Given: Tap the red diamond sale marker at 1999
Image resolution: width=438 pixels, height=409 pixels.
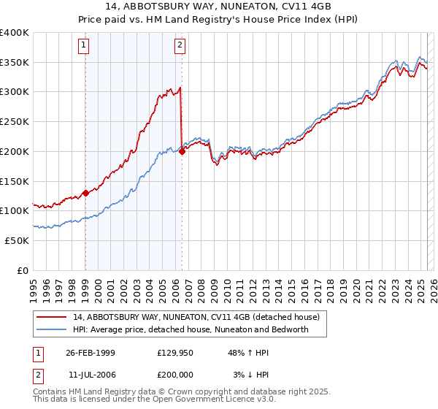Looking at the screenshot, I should (85, 193).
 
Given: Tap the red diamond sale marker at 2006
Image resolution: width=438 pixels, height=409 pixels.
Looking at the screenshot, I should (182, 151).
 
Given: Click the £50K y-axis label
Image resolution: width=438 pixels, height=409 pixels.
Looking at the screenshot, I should (18, 240).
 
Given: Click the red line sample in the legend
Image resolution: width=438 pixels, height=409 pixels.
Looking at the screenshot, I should (52, 317).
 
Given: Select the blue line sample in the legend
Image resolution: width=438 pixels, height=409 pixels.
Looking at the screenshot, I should (52, 329).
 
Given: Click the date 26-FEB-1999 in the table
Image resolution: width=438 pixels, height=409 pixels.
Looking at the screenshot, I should (91, 352).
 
